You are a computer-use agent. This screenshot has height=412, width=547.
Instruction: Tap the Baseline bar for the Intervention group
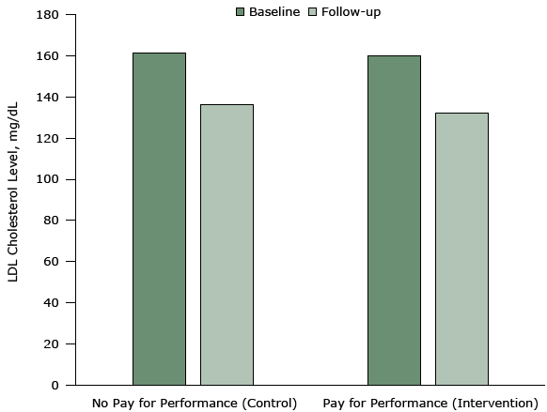(x=394, y=220)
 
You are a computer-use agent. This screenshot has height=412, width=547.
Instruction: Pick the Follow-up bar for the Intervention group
(x=461, y=249)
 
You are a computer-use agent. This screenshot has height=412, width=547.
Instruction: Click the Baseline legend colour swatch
(x=240, y=12)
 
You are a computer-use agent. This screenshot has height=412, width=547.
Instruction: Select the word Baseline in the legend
(x=273, y=12)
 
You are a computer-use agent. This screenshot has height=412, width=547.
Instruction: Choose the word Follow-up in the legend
(x=352, y=12)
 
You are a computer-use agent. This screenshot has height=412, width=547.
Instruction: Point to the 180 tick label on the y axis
(x=48, y=16)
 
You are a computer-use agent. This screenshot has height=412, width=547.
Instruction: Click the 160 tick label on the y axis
(x=48, y=56)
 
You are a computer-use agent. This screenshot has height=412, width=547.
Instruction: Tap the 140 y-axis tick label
(x=48, y=98)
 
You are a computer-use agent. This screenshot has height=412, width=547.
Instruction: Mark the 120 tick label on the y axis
(x=48, y=139)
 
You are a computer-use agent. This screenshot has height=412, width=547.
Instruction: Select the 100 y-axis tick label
(x=48, y=179)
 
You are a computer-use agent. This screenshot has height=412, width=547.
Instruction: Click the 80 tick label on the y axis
(x=51, y=221)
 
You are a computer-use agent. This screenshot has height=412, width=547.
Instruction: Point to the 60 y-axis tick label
(x=51, y=262)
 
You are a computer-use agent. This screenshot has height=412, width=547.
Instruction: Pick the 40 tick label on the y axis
(x=51, y=303)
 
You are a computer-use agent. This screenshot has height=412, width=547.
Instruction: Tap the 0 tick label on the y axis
(x=55, y=385)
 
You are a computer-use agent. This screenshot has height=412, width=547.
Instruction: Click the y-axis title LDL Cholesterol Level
(x=15, y=201)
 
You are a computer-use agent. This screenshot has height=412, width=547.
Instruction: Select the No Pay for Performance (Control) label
(x=195, y=404)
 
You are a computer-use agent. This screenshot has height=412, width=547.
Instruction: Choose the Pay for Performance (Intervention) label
(x=429, y=404)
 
